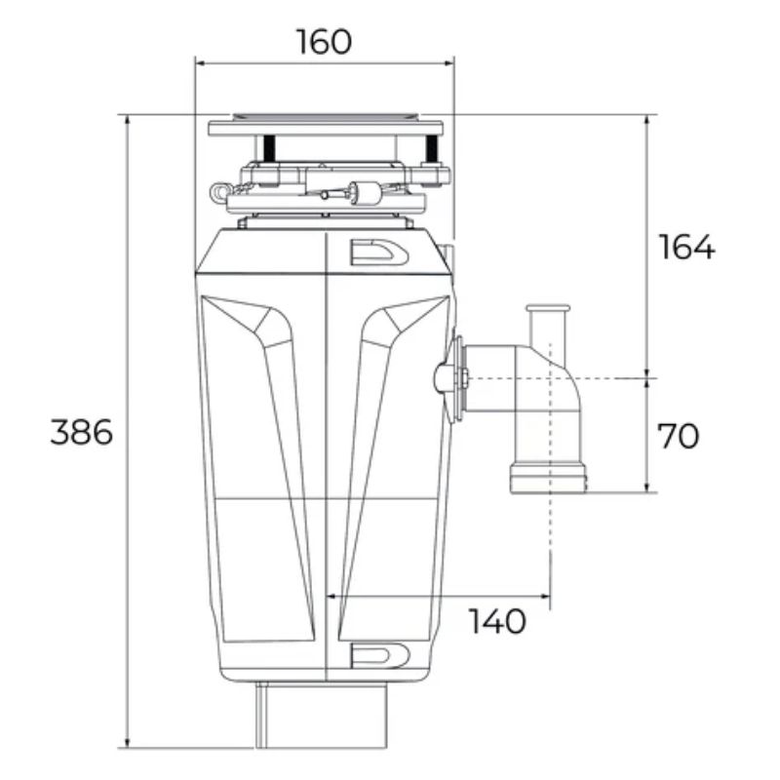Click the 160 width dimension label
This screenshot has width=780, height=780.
324,42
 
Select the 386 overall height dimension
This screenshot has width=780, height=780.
82,432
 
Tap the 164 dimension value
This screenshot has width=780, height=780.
686,248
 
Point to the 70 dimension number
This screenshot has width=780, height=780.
678,436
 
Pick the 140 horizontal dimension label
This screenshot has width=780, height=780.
496,620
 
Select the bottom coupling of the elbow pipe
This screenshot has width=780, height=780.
548,479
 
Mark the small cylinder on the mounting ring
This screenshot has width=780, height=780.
369,191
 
